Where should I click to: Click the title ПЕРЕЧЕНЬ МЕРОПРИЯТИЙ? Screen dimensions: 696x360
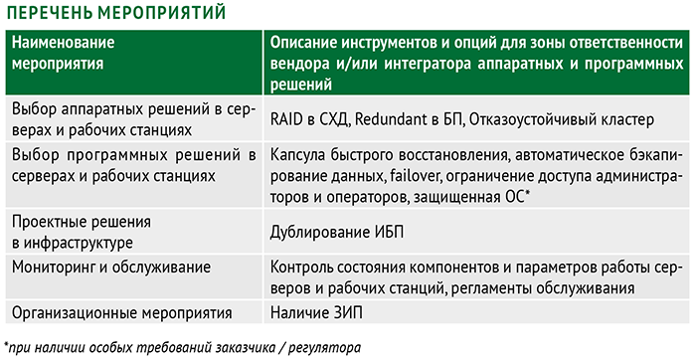[x=116, y=12]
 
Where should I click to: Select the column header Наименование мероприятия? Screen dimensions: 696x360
[x=64, y=53]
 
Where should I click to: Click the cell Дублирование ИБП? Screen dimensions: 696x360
[x=337, y=233]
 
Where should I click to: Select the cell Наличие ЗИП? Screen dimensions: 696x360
[x=316, y=312]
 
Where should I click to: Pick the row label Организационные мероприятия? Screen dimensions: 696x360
[x=121, y=313]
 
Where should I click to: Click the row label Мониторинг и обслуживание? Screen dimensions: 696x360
[x=111, y=268]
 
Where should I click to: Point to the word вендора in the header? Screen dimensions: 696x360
[x=299, y=64]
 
